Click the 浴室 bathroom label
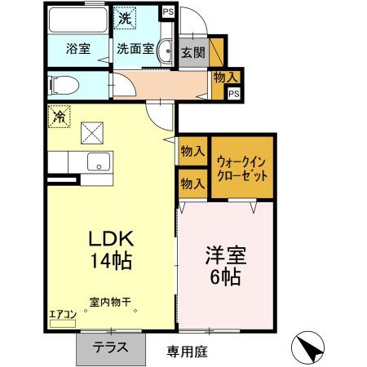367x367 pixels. pyautogui.click(x=77, y=47)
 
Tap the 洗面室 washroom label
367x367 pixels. pyautogui.click(x=135, y=47)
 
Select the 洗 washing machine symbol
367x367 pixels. pyautogui.click(x=125, y=17)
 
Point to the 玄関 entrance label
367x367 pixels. pyautogui.click(x=193, y=52)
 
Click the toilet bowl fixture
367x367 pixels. pyautogui.click(x=61, y=85)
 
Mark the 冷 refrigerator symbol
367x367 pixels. pyautogui.click(x=59, y=117)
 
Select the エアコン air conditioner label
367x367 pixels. pyautogui.click(x=62, y=312)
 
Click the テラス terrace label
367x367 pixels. pyautogui.click(x=109, y=346)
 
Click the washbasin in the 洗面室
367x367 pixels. pyautogui.click(x=164, y=47)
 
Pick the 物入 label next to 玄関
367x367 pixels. pyautogui.click(x=224, y=77)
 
